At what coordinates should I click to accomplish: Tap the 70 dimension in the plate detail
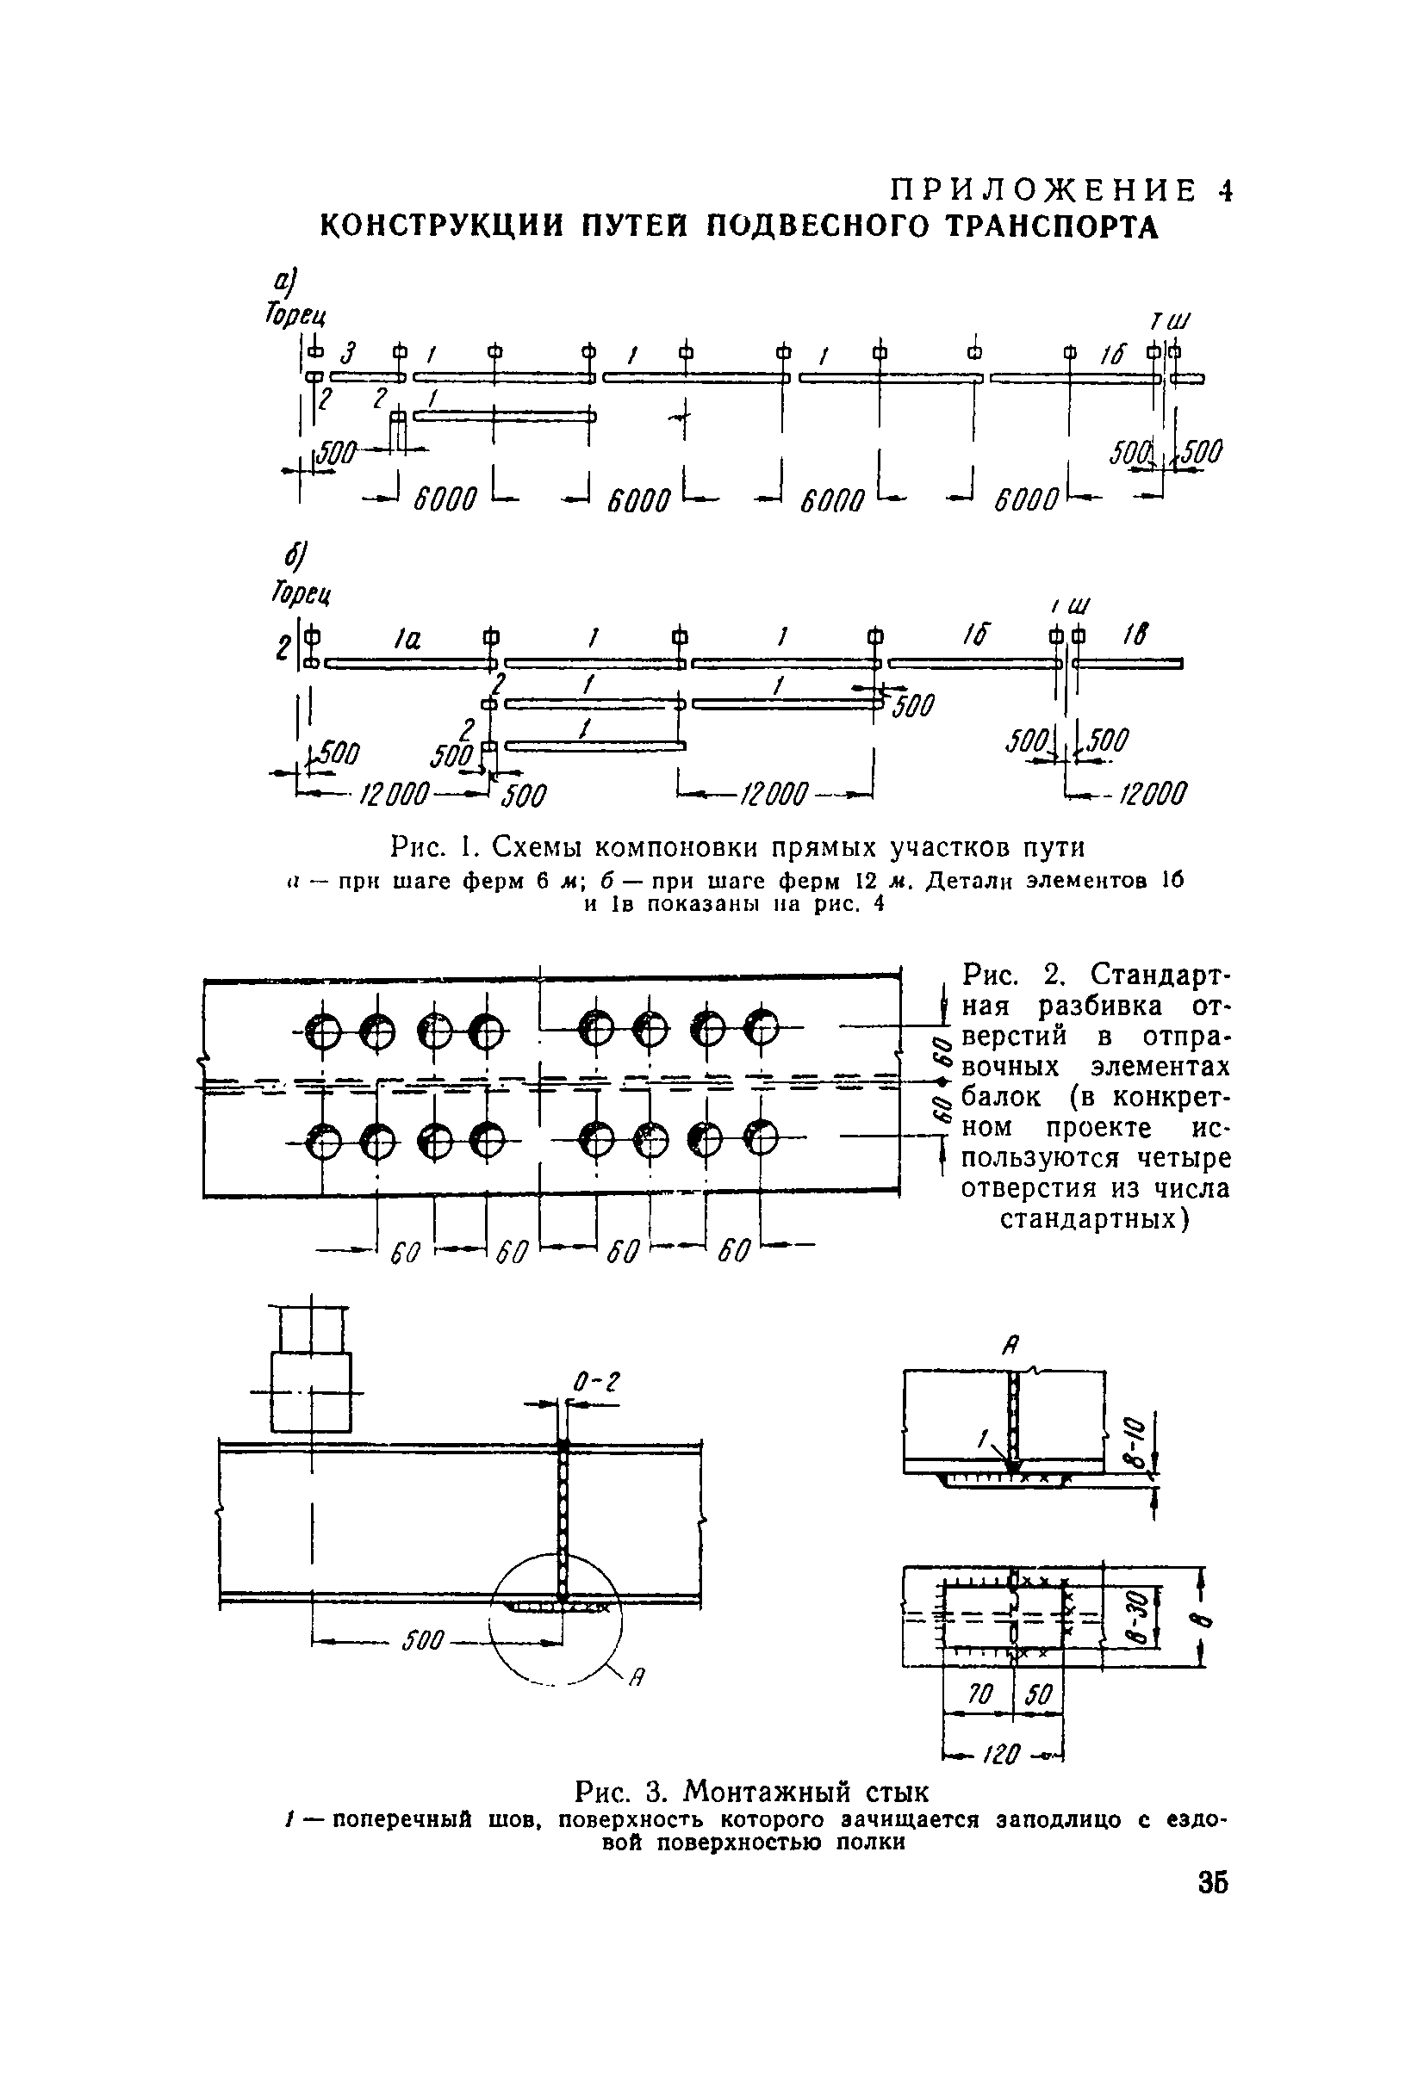[980, 1693]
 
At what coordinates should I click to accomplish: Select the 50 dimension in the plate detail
[1038, 1693]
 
